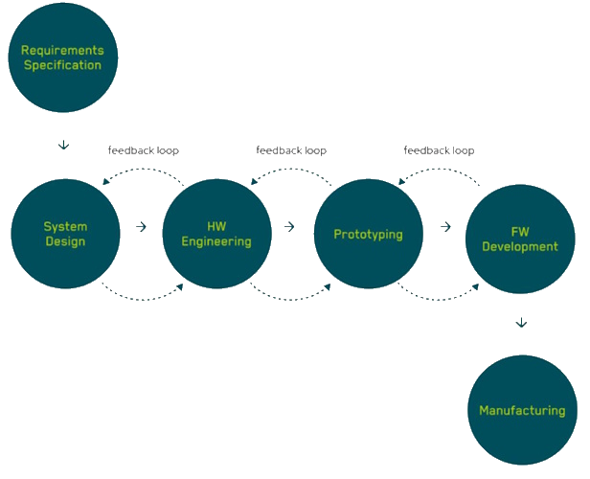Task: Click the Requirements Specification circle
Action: pyautogui.click(x=62, y=57)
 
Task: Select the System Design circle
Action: pyautogui.click(x=65, y=234)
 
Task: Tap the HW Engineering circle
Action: pyautogui.click(x=216, y=234)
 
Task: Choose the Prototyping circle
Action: pyautogui.click(x=368, y=234)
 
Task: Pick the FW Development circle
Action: pyautogui.click(x=519, y=239)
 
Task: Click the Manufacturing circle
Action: pyautogui.click(x=522, y=410)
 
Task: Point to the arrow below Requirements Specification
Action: pyautogui.click(x=63, y=146)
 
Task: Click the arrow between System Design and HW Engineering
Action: pyautogui.click(x=141, y=227)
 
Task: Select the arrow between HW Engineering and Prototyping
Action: pyautogui.click(x=289, y=227)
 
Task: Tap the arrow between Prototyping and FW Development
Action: pyautogui.click(x=445, y=227)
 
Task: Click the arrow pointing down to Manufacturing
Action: pyautogui.click(x=520, y=324)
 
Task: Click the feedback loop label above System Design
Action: pyautogui.click(x=144, y=150)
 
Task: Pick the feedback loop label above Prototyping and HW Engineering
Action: pyautogui.click(x=291, y=150)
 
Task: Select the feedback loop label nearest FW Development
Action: pyautogui.click(x=439, y=150)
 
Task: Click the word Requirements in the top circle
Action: pyautogui.click(x=62, y=50)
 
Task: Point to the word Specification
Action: pyautogui.click(x=62, y=65)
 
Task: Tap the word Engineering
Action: pyautogui.click(x=216, y=241)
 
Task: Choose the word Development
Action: pyautogui.click(x=520, y=246)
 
